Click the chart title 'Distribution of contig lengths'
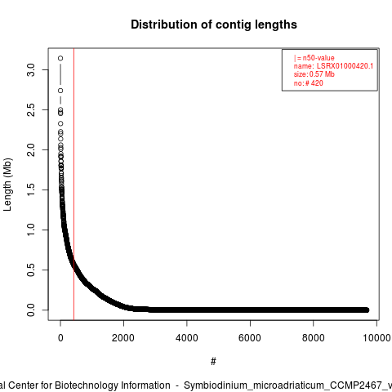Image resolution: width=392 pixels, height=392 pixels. (x=214, y=24)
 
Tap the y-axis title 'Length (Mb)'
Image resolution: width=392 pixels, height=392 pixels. (x=8, y=185)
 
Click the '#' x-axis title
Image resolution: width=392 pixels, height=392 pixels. (x=213, y=362)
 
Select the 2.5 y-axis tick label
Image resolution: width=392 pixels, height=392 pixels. (x=31, y=110)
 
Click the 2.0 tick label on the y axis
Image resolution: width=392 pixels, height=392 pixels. (x=31, y=150)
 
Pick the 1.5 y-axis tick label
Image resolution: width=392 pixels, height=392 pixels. (x=31, y=189)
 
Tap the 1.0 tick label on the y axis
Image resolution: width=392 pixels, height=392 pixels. (x=31, y=229)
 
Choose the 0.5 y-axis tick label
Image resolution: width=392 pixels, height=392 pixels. (x=31, y=269)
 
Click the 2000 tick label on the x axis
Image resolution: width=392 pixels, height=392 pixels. (x=123, y=338)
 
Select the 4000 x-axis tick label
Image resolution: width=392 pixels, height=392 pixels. (x=187, y=338)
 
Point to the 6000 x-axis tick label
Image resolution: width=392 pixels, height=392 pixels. (x=250, y=338)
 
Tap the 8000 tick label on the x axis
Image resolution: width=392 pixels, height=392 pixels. (x=314, y=338)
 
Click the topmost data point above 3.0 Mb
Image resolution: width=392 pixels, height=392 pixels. (x=60, y=58)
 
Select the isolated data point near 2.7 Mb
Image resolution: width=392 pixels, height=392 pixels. (x=60, y=91)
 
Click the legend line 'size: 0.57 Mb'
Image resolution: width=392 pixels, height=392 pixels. (x=314, y=74)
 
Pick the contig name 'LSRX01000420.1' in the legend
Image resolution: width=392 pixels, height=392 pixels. (x=345, y=66)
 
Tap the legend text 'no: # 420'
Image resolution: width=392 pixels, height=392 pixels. (x=309, y=83)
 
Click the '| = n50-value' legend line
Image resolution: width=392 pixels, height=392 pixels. (x=314, y=58)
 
